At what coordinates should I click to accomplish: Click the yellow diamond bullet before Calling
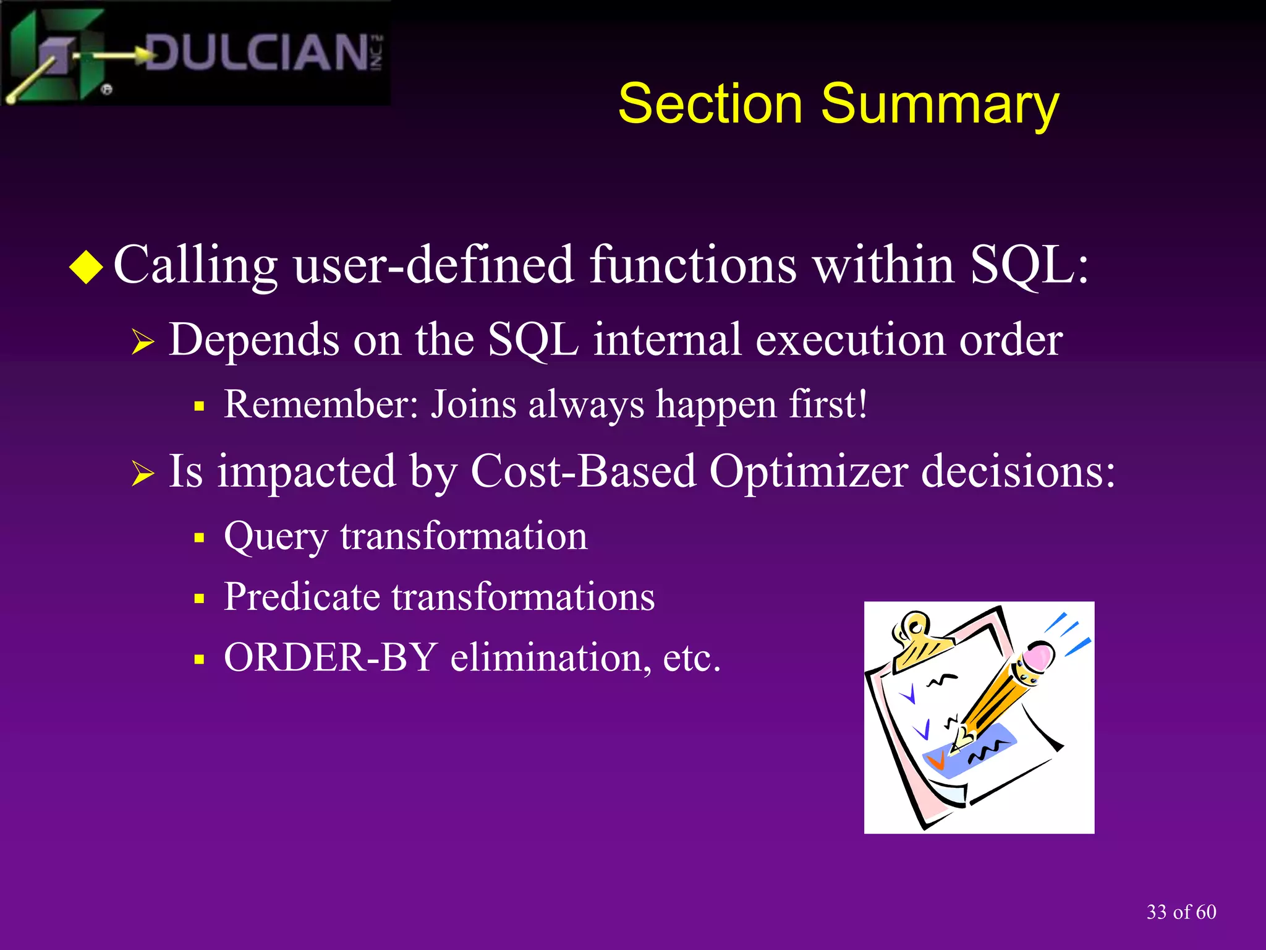coord(87,267)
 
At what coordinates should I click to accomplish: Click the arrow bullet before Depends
coord(142,341)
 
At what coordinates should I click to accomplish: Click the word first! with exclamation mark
coord(828,404)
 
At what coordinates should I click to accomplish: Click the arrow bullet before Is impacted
coord(142,474)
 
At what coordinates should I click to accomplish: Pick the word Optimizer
coord(809,471)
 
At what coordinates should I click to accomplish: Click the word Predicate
coord(302,597)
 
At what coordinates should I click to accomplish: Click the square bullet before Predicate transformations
coord(198,599)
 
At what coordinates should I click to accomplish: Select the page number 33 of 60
coord(1181,912)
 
